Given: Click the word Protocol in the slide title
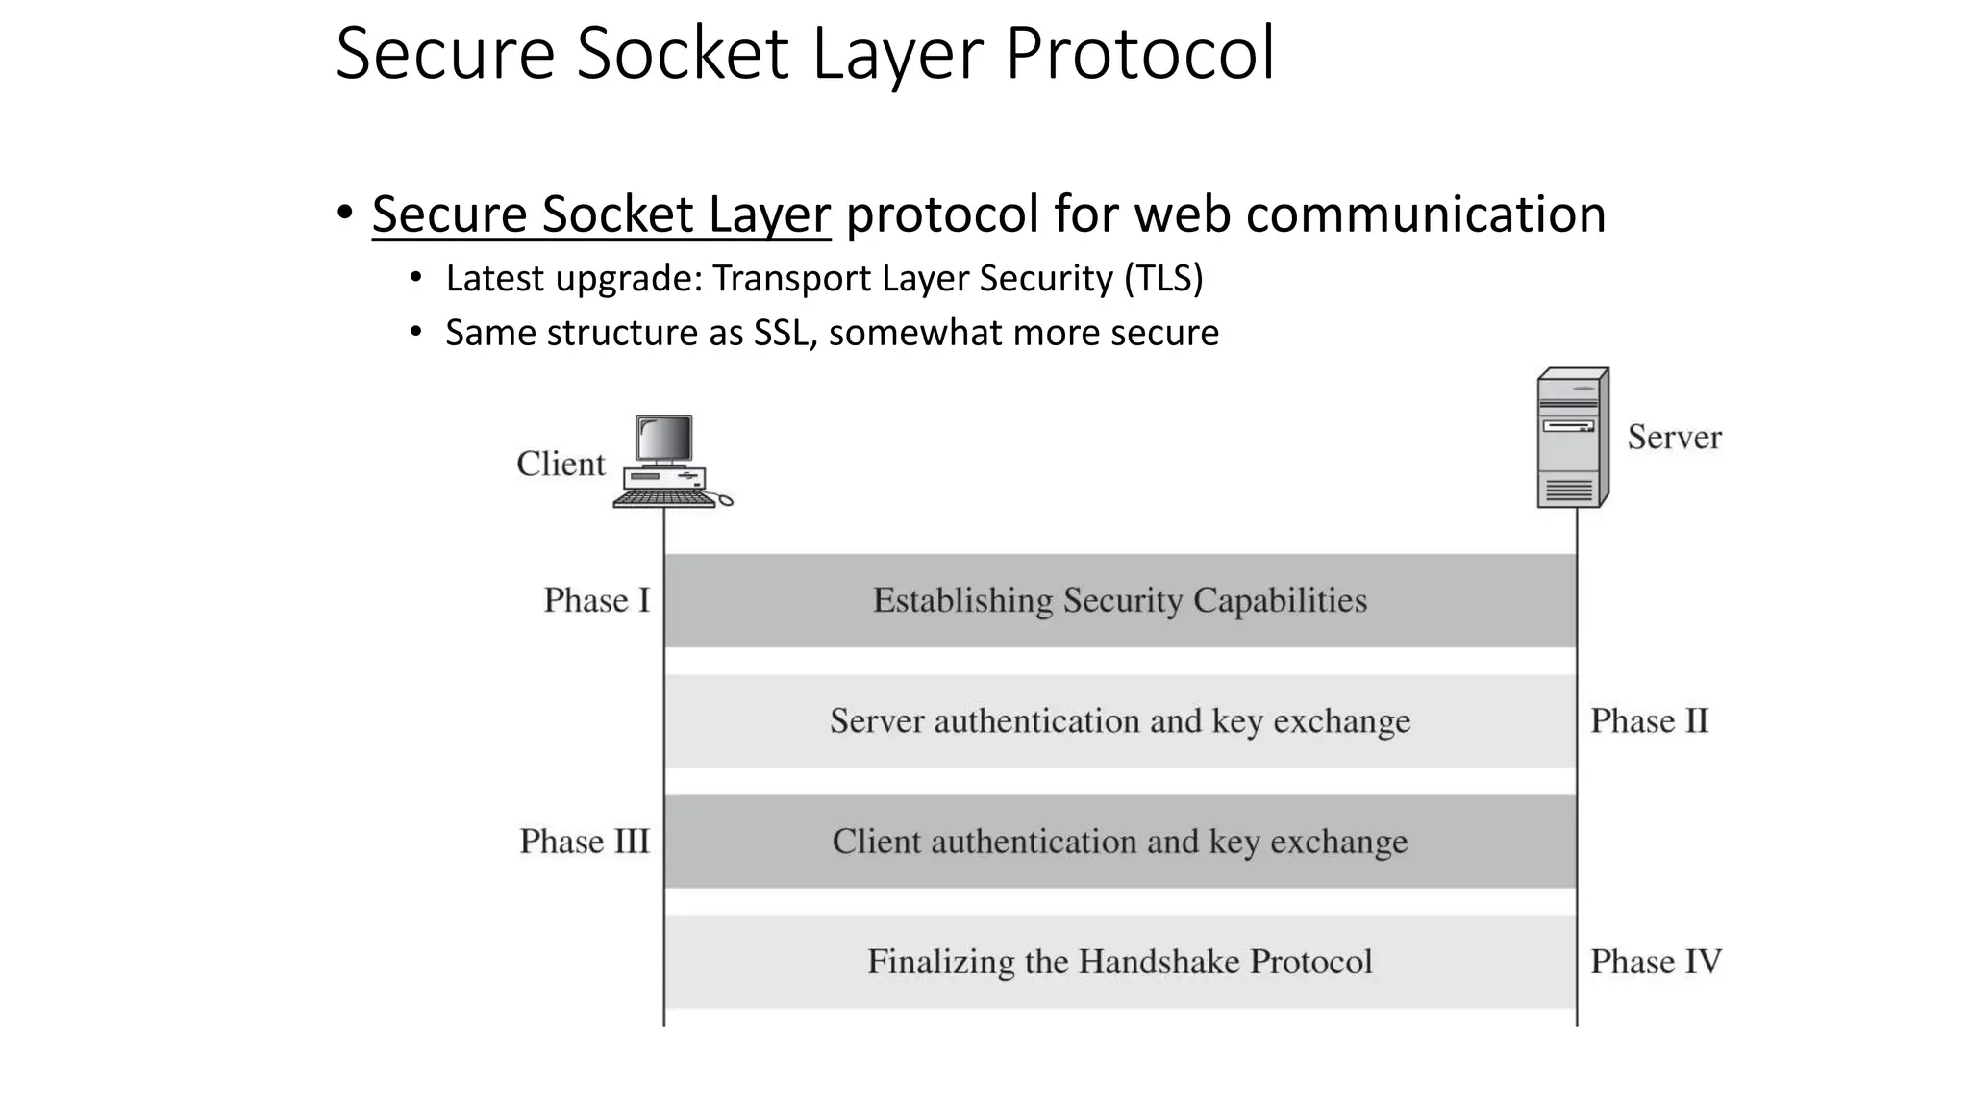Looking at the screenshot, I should click(x=1139, y=54).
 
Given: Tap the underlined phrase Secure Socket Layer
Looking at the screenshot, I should click(x=601, y=214).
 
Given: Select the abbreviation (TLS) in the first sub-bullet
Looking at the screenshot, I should click(x=1163, y=278).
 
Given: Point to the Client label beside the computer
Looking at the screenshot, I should click(x=561, y=464).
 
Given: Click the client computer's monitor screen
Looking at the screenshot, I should click(x=664, y=440).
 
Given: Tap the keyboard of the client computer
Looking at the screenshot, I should click(x=662, y=498).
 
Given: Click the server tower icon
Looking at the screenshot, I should click(x=1571, y=439).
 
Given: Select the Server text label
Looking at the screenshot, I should click(x=1674, y=438).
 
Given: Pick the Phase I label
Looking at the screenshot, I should click(x=596, y=600).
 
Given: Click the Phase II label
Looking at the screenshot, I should click(x=1649, y=721).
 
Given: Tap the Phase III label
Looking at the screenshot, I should click(x=585, y=842).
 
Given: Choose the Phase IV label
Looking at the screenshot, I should click(x=1655, y=962).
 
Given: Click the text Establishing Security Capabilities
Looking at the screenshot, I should click(x=1119, y=600).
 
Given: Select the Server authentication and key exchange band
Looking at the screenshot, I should click(x=1119, y=721).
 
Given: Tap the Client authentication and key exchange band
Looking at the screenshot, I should click(x=1119, y=842).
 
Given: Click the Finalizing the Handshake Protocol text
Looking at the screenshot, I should click(x=1119, y=962).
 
